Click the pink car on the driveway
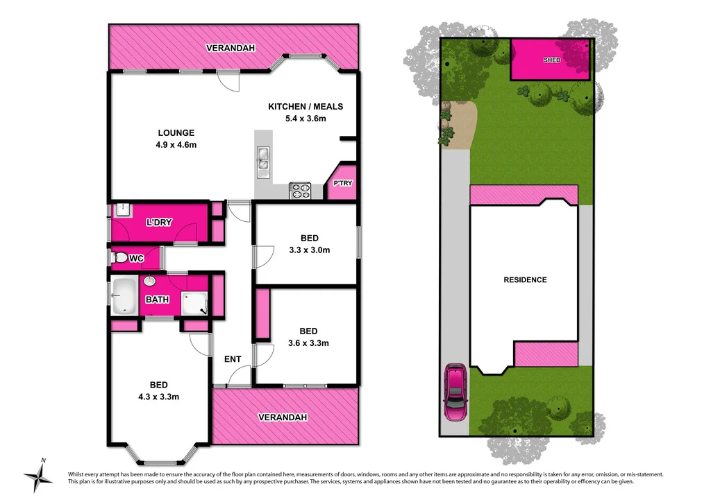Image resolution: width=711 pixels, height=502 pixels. point(455,392)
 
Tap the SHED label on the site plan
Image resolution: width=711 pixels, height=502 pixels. point(552,60)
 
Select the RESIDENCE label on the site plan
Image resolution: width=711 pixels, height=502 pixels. point(525,280)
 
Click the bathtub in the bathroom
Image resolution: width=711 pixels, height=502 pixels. point(125,295)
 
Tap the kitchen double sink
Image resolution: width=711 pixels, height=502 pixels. point(264,159)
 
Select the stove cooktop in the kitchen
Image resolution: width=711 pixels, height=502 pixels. point(299,190)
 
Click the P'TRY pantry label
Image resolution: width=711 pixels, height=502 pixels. point(342,184)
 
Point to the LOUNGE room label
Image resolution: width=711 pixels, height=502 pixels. point(176,132)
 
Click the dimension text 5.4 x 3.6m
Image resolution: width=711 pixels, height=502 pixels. point(306,119)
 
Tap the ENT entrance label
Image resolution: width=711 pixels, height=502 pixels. point(233,359)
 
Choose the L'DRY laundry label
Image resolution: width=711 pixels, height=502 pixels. point(159,223)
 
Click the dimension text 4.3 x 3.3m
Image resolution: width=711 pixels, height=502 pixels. point(159,397)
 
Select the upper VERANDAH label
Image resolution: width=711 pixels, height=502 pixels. point(231,48)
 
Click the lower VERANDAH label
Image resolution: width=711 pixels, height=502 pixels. point(282,417)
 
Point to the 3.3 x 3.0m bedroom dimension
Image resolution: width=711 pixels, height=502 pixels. point(309,250)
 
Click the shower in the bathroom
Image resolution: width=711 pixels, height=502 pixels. point(194,304)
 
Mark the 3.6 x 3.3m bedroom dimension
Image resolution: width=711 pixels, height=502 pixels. point(308,343)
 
